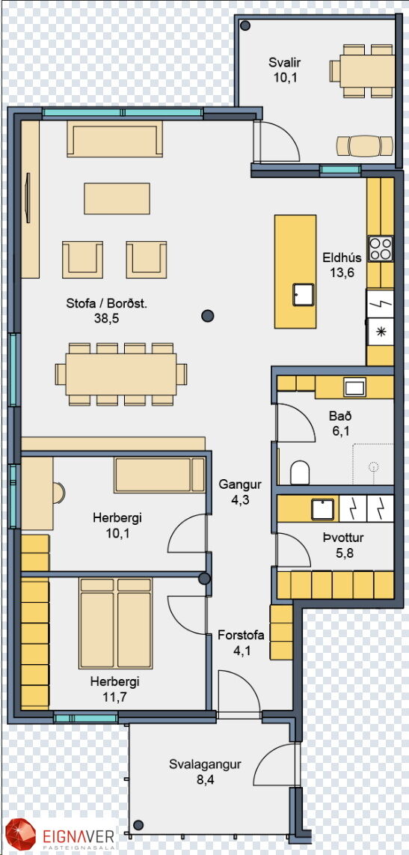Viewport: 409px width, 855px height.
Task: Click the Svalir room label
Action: click(284, 63)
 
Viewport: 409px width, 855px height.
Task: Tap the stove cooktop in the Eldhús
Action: click(380, 249)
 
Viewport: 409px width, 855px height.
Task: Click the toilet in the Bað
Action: click(300, 472)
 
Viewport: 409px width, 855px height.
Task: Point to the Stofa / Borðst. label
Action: click(106, 304)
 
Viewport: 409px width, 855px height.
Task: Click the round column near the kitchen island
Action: click(207, 315)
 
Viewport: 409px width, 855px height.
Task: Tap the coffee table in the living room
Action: click(117, 198)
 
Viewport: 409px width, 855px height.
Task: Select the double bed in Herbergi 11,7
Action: click(115, 623)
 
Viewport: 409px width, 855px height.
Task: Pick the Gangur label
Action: click(240, 484)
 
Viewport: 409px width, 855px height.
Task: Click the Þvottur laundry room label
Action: click(343, 538)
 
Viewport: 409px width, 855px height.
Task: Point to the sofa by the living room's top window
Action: click(114, 139)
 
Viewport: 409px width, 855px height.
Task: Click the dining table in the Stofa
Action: click(121, 374)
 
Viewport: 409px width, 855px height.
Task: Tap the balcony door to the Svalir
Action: click(276, 142)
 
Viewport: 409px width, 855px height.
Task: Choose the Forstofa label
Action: click(241, 635)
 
